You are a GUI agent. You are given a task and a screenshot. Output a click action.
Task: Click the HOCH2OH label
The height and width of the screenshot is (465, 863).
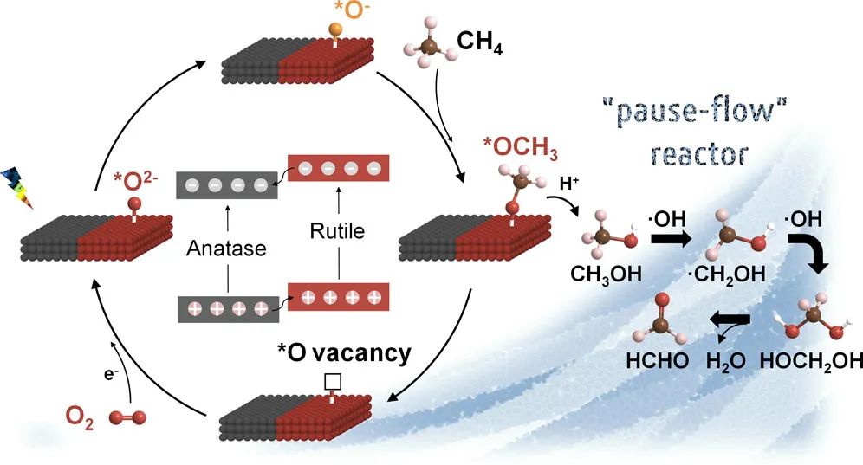pos(807,361)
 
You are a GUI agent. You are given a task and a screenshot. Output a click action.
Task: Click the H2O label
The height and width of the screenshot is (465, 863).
pos(729,361)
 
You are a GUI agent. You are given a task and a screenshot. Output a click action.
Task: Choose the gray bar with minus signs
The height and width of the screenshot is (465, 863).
pos(226,185)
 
